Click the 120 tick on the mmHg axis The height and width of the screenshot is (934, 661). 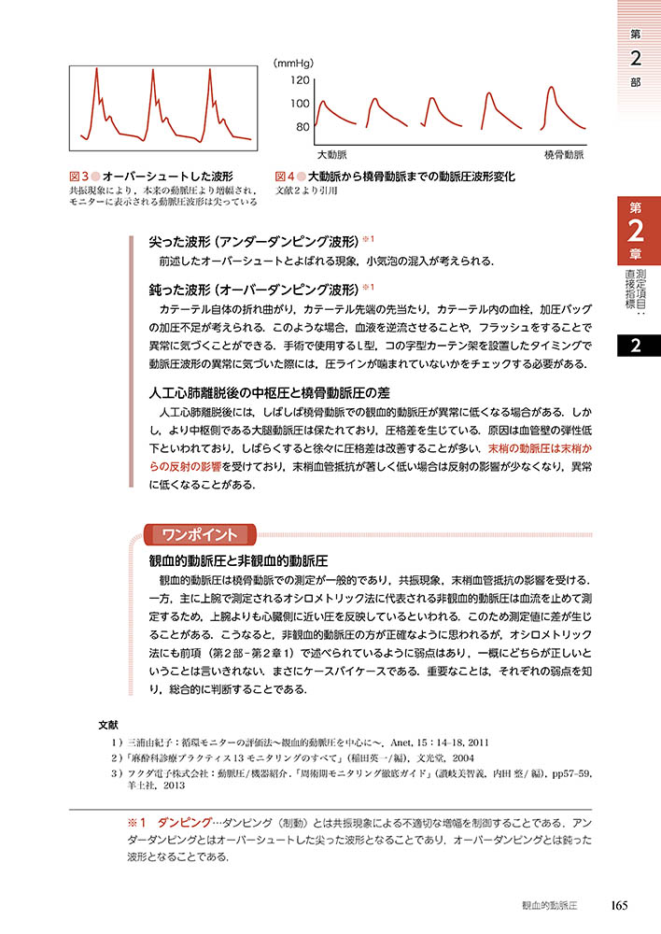298,80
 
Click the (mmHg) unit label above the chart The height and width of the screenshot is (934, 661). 295,63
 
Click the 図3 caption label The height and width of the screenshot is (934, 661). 77,176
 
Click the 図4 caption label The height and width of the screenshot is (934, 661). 285,176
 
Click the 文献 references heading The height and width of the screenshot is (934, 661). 108,724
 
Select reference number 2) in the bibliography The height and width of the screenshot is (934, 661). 116,757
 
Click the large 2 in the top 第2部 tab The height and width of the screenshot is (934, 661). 635,58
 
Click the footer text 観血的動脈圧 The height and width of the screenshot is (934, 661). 552,905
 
